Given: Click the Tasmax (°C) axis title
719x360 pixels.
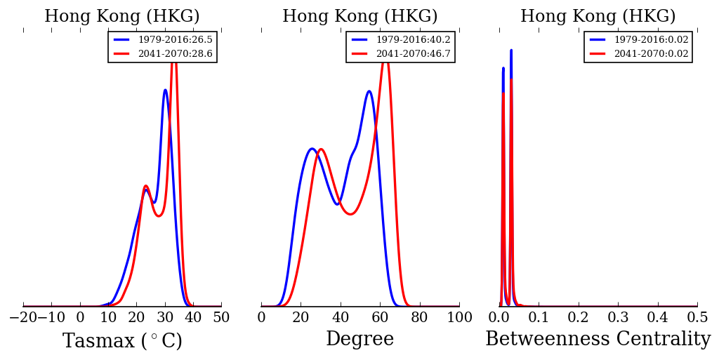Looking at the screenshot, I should pos(122,341).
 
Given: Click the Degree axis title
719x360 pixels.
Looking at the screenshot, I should pos(359,340).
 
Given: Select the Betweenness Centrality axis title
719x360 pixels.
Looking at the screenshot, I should pos(598,340).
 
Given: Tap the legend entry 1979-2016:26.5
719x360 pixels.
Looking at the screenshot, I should pos(175,40).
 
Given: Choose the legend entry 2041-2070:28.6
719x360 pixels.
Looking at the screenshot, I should pos(175,53).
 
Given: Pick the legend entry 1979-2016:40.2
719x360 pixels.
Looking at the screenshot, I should pos(413,40).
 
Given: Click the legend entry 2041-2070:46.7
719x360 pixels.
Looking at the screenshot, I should pos(413,53).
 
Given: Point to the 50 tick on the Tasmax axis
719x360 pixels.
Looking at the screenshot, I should pos(221,317).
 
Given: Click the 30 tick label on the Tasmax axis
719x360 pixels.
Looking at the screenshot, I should pos(165,317).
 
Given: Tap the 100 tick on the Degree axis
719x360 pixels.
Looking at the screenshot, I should pos(459,317).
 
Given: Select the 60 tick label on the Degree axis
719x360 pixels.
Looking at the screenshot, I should pos(380,317).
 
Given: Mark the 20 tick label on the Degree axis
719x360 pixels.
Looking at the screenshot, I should pos(301,317).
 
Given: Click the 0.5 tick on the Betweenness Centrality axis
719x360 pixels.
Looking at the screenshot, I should pos(697,317).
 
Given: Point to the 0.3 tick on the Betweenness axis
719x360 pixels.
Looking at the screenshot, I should pos(618,317).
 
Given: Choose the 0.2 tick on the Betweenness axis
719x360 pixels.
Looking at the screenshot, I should pos(579,317).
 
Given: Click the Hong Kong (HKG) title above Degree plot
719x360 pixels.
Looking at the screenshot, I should pos(359,17).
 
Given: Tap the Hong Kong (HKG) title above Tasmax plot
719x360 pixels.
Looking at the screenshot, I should pos(122,17).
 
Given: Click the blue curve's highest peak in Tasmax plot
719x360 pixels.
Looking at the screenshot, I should pos(165,90).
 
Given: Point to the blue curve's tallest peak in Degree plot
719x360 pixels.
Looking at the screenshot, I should pos(369,91).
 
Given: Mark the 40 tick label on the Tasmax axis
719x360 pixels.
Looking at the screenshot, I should pos(193,317).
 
